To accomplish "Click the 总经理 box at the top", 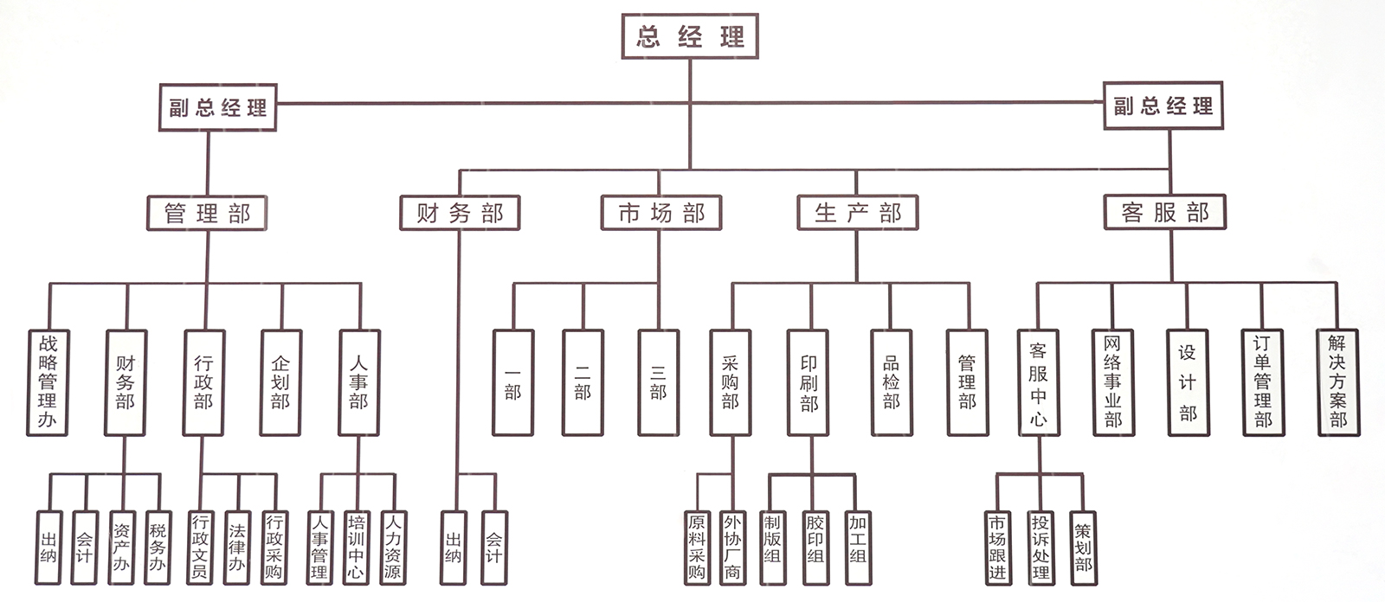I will pos(690,36).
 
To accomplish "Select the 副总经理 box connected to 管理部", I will pos(218,107).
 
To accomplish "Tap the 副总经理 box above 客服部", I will pos(1163,106).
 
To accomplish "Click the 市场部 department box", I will pos(661,213).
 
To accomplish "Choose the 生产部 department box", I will pos(857,213).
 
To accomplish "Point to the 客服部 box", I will pos(1165,212).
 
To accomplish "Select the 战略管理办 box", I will pos(48,382).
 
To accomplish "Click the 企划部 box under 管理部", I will pos(280,382).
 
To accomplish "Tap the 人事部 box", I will pos(358,382).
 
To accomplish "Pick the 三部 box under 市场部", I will pos(659,382).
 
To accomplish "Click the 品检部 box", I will pos(891,382).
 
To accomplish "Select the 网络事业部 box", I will pos(1112,382).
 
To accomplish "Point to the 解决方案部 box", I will pos(1338,382).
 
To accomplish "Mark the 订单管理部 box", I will pos(1262,382).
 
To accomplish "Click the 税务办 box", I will pos(158,547).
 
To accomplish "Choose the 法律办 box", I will pos(237,547).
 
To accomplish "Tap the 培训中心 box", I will pos(356,547).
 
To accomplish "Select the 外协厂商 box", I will pos(732,547).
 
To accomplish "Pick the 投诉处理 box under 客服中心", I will pos(1040,547).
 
